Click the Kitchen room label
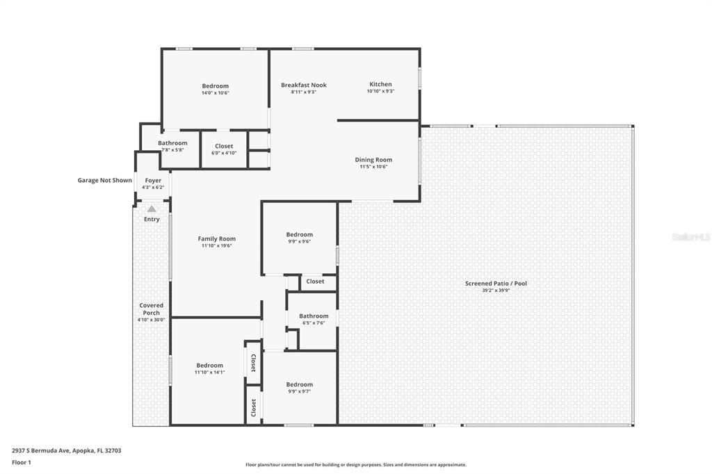[x=380, y=85]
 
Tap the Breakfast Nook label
[x=303, y=85]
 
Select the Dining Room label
[x=373, y=160]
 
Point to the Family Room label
[x=216, y=239]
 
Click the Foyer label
[x=153, y=181]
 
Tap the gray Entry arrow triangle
[x=152, y=209]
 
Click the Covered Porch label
[x=151, y=309]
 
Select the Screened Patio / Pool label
[x=496, y=284]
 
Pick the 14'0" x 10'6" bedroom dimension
[x=215, y=92]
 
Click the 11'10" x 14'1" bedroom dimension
[x=209, y=372]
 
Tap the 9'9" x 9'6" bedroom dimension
[x=299, y=241]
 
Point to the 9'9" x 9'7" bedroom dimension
[x=299, y=391]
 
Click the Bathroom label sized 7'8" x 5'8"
[x=172, y=143]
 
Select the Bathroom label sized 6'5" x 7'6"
[x=314, y=316]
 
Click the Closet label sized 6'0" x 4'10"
[x=224, y=147]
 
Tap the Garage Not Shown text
[x=104, y=180]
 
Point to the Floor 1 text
[x=22, y=462]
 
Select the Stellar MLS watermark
[x=690, y=237]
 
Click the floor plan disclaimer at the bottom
[x=355, y=465]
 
